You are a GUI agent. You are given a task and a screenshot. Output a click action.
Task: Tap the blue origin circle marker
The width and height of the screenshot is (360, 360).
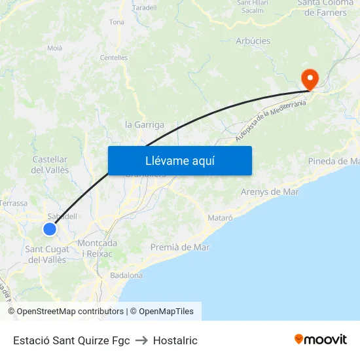click(50, 229)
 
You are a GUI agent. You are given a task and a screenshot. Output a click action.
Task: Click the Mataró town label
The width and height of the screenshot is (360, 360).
click(220, 217)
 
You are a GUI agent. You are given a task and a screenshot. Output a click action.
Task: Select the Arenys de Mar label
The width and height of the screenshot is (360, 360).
click(270, 192)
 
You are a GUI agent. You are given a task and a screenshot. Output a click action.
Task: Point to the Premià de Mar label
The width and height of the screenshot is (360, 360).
click(180, 247)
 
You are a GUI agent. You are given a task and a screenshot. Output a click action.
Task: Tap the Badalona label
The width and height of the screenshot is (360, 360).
click(127, 276)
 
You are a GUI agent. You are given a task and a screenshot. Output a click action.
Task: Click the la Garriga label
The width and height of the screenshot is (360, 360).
click(145, 124)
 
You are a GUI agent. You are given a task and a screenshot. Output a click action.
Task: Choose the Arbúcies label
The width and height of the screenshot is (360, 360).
click(253, 41)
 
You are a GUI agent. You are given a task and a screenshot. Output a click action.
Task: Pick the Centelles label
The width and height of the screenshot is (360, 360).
click(114, 58)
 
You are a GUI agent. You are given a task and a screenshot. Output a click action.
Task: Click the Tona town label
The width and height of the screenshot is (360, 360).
click(117, 22)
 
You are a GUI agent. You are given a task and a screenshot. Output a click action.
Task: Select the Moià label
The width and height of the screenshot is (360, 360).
click(55, 48)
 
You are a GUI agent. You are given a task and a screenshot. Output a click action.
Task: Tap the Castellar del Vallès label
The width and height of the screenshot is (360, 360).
click(50, 164)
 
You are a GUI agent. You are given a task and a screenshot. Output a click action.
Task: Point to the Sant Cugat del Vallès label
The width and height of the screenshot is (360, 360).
click(47, 255)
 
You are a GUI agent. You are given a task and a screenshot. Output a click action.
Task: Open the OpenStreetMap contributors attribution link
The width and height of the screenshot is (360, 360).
click(70, 312)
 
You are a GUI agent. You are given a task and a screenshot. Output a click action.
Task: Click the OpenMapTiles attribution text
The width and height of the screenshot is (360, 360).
click(166, 312)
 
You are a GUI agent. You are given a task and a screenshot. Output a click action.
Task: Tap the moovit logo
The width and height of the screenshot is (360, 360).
click(321, 339)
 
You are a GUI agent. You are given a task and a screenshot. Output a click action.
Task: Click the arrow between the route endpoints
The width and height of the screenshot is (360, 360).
click(141, 340)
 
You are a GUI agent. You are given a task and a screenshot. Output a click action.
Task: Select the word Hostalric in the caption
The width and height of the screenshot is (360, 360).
click(175, 340)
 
